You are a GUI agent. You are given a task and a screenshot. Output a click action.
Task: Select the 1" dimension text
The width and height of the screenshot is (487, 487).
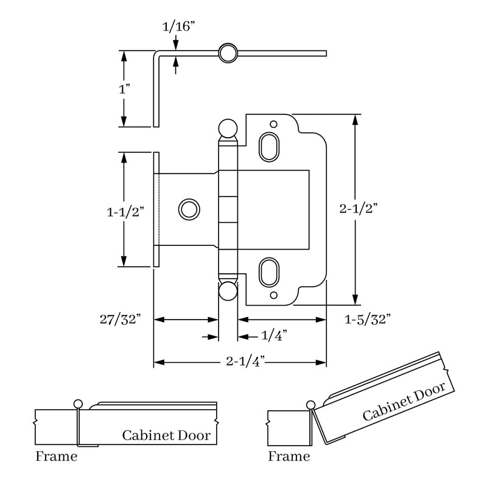pyautogui.click(x=125, y=89)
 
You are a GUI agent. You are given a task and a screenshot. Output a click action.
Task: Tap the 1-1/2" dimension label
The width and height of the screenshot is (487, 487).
pyautogui.click(x=125, y=212)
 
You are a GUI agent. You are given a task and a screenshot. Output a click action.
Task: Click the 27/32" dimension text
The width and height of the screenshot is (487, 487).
pyautogui.click(x=122, y=318)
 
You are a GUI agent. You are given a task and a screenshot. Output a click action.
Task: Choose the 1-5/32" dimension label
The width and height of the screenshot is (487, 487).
pyautogui.click(x=367, y=318)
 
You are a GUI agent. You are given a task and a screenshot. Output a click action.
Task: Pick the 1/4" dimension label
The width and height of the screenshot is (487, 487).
pyautogui.click(x=273, y=335)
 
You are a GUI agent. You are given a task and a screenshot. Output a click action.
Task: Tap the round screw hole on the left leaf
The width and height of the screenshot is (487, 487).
pyautogui.click(x=188, y=209)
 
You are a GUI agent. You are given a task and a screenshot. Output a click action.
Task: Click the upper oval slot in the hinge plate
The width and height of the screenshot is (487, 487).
pyautogui.click(x=268, y=146)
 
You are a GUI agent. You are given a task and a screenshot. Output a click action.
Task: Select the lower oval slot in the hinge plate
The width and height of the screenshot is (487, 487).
pyautogui.click(x=268, y=272)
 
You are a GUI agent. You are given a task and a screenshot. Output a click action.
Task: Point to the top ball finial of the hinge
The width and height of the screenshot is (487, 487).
pyautogui.click(x=227, y=128)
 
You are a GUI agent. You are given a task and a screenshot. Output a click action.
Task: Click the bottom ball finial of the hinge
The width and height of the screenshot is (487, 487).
pyautogui.click(x=227, y=290)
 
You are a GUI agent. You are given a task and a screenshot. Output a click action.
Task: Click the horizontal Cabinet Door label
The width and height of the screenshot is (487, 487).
pyautogui.click(x=166, y=435)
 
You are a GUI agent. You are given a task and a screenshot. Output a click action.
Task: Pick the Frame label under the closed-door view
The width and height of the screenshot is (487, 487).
pyautogui.click(x=57, y=457)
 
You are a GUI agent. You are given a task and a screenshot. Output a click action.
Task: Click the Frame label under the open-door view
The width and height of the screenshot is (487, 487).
pyautogui.click(x=289, y=457)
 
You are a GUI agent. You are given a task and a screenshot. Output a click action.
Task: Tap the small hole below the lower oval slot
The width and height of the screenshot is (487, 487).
pyautogui.click(x=274, y=295)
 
